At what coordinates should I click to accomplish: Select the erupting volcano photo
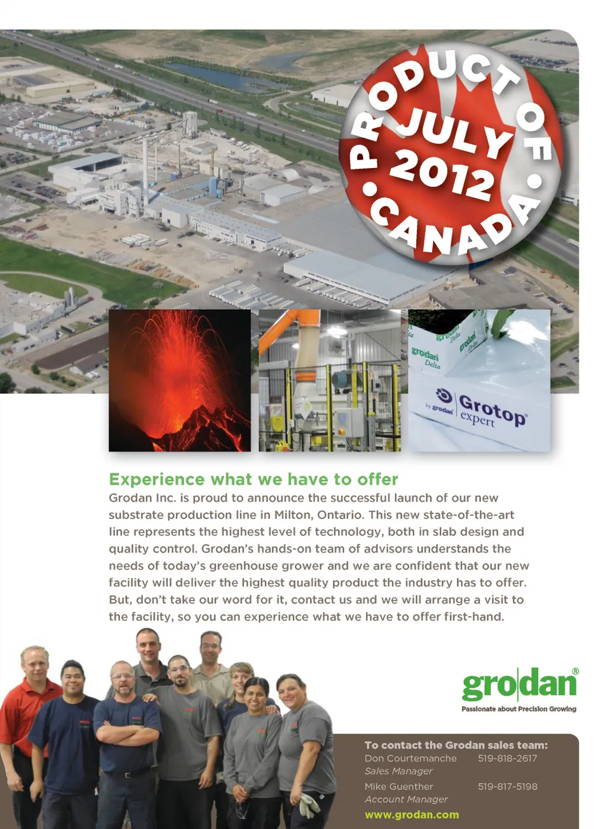[180, 380]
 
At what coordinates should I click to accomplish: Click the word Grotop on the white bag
[493, 410]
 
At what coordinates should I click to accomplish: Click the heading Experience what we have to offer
[254, 479]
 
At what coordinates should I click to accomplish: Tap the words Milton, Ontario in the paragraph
[320, 515]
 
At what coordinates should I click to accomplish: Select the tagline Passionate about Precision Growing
[519, 709]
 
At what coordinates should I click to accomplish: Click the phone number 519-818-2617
[508, 758]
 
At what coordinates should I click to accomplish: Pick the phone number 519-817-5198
[508, 786]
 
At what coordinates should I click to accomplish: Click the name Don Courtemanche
[410, 758]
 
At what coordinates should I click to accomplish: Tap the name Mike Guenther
[398, 786]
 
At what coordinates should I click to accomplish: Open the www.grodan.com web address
[412, 814]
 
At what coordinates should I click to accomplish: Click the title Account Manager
[406, 799]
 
